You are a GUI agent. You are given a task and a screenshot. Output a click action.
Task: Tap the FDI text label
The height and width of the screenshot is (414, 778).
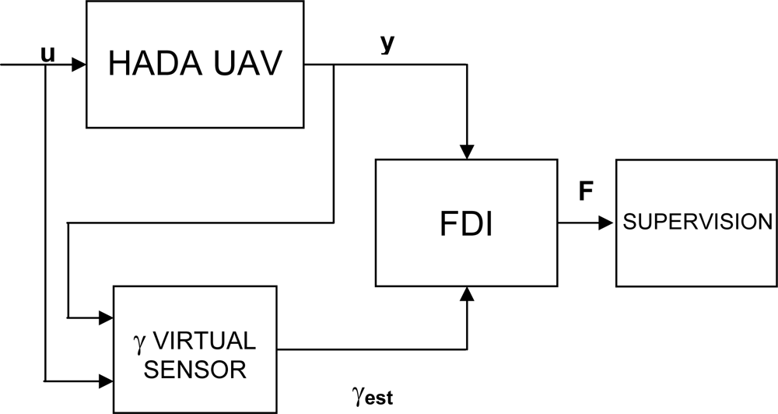pyautogui.click(x=466, y=224)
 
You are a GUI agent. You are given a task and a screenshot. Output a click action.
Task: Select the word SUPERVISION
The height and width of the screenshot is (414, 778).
pyautogui.click(x=696, y=222)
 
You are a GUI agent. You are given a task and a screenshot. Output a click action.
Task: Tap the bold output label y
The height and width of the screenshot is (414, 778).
pyautogui.click(x=387, y=44)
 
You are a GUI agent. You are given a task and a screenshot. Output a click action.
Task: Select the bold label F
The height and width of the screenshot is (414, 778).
pyautogui.click(x=585, y=192)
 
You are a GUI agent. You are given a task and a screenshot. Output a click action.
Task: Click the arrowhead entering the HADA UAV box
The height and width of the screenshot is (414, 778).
pyautogui.click(x=78, y=65)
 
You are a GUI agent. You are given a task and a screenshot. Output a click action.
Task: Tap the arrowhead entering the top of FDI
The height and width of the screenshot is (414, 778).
pyautogui.click(x=467, y=152)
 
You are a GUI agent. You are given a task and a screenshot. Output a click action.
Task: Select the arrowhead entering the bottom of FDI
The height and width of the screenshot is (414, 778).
pyautogui.click(x=467, y=293)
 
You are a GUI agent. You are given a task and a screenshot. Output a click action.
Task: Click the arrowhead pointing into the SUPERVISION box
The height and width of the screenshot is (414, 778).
pyautogui.click(x=608, y=223)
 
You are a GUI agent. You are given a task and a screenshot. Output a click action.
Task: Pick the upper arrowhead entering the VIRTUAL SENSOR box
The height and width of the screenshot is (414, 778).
pyautogui.click(x=107, y=318)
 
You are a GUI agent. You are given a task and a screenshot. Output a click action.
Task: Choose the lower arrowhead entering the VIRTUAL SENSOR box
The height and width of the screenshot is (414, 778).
pyautogui.click(x=107, y=381)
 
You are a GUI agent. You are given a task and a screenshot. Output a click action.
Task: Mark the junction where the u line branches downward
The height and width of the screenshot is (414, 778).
pyautogui.click(x=47, y=65)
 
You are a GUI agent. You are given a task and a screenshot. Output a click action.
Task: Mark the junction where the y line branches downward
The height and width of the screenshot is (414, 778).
pyautogui.click(x=334, y=65)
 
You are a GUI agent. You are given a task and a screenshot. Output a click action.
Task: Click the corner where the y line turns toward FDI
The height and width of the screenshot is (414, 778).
pyautogui.click(x=467, y=65)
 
